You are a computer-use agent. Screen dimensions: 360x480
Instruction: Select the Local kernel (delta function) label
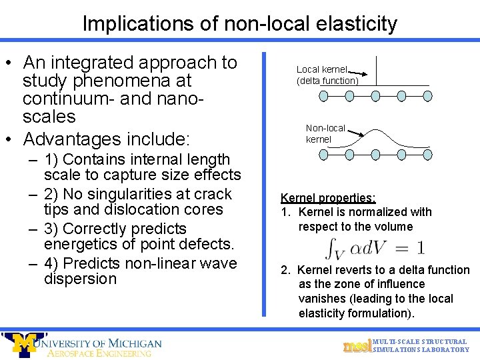coord(327,75)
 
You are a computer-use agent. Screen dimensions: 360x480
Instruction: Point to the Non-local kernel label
coord(325,133)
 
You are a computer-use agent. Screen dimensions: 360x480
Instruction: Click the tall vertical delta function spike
coord(377,71)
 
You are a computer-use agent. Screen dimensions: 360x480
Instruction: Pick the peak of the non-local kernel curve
coord(376,129)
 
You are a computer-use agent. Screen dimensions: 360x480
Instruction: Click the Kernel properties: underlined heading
coord(328,198)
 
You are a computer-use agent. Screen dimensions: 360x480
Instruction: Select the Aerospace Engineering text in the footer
coord(99,353)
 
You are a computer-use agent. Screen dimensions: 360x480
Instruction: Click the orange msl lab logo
coord(357,345)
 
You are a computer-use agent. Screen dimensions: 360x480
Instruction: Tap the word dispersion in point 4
coord(80,279)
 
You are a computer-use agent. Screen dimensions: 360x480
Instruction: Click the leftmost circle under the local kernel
coord(324,96)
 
